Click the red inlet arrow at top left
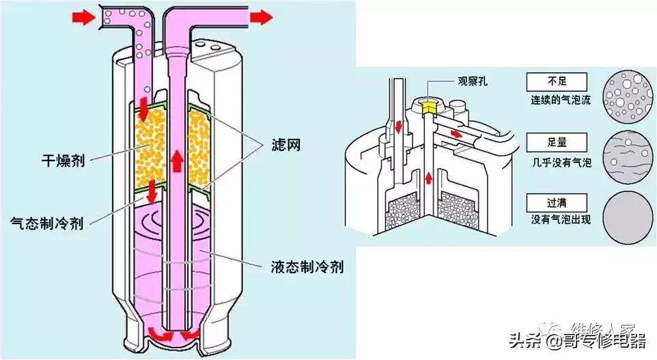(82, 18)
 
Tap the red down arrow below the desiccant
(151, 194)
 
